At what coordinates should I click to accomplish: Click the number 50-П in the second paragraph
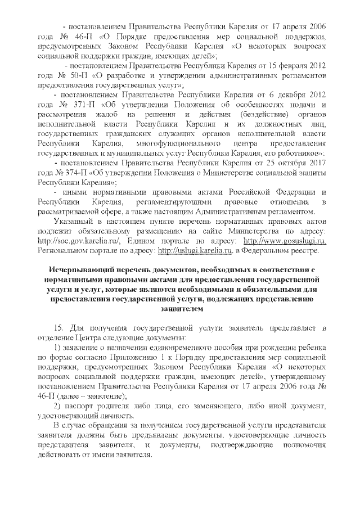69,75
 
